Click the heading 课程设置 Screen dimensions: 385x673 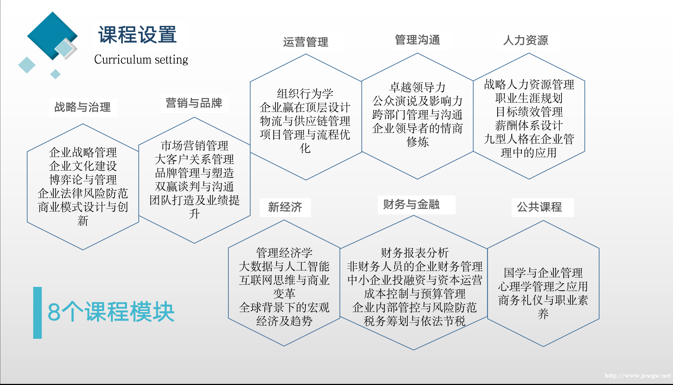pos(137,35)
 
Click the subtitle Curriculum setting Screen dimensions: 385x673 pos(141,59)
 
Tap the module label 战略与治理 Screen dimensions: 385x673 pos(82,107)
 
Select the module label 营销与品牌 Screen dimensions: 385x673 pos(194,103)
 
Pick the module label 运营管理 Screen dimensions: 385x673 pos(305,42)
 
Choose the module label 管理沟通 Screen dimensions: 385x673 pos(417,39)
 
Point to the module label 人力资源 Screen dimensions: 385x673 pos(526,40)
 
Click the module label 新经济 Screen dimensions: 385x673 pos(285,207)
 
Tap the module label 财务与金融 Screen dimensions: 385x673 pos(411,204)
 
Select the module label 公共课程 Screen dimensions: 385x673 pos(539,207)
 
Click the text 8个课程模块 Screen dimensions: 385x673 pos(111,312)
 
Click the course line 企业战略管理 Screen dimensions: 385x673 pos(83,153)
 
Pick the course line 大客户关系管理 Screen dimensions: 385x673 pos(194,159)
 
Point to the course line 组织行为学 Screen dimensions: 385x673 pos(305,94)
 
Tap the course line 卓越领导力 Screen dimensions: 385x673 pos(417,87)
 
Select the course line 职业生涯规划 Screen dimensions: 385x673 pos(529,98)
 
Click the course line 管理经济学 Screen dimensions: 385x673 pos(284,253)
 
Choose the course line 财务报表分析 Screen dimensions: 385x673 pos(414,253)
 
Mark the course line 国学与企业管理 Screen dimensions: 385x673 pos(543,273)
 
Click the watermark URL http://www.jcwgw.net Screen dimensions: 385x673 pos(637,376)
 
